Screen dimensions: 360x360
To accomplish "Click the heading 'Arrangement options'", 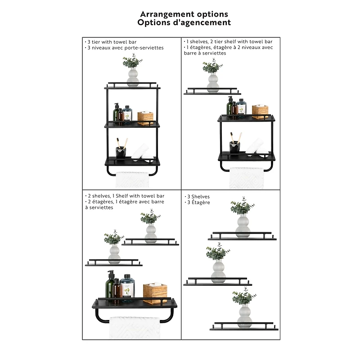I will coord(184,14).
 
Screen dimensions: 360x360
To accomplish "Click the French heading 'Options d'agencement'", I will coord(184,22).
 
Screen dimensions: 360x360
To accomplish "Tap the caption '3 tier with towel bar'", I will coord(112,41).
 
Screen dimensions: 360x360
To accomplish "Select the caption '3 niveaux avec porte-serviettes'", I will coord(125,47).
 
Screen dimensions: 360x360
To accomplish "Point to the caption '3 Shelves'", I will coord(198,197).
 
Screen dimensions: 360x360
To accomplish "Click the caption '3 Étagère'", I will coord(198,202).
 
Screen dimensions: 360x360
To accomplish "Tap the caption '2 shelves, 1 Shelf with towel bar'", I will coord(126,196).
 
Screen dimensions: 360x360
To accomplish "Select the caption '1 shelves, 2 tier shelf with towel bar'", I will coord(229,41).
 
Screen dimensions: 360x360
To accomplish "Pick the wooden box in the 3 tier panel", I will coord(145,117).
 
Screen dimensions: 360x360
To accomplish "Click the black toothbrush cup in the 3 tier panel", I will coord(121,153).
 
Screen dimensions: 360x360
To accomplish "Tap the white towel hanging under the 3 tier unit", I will coord(132,180).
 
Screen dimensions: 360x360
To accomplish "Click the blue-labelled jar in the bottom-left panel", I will coord(127,288).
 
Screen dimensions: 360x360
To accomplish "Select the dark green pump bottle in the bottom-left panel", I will coord(110,286).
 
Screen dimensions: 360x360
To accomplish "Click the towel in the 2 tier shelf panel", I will coord(246,179).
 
